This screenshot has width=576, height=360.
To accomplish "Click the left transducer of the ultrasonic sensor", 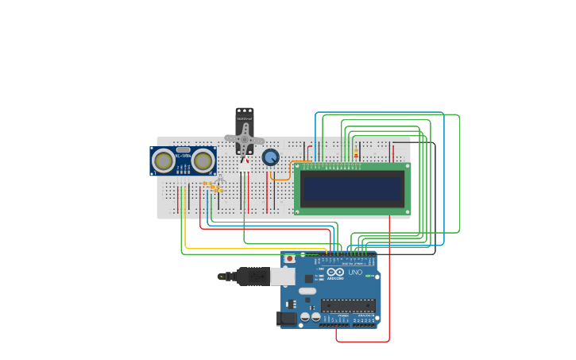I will coord(164,161).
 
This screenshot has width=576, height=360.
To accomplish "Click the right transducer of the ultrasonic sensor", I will coord(203,161).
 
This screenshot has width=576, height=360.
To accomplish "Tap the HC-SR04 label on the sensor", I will coord(184,155).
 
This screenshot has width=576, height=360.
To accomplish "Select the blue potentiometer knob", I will coord(271,157).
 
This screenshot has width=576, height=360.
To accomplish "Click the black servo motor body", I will coord(244,119).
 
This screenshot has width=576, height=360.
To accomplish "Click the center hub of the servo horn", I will coord(245,137).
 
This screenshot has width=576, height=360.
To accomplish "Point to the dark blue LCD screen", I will coord(352,188).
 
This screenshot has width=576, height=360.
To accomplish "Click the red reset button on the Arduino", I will coord(290,259).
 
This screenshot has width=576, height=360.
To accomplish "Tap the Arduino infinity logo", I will coord(334,272).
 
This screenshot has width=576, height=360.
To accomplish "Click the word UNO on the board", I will coord(355,273).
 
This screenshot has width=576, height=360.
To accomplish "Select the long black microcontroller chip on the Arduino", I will coord(348,305).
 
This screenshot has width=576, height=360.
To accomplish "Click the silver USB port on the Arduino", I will coord(283,277).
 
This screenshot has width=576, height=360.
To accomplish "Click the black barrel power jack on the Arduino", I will coord(287,319).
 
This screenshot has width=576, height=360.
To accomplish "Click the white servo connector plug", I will coord(244,167).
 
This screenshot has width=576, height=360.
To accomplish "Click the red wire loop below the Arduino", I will coord(362,342).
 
